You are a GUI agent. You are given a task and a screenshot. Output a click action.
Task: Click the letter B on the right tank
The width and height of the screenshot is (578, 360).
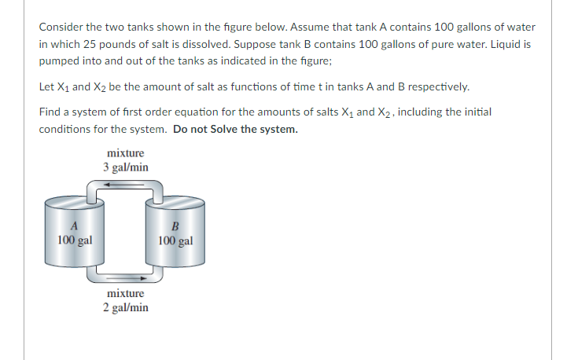click(x=175, y=228)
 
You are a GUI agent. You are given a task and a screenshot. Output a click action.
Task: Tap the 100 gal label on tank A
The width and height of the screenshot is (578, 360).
click(x=75, y=239)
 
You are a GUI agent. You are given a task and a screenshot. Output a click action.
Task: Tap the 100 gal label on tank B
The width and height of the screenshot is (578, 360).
click(x=175, y=240)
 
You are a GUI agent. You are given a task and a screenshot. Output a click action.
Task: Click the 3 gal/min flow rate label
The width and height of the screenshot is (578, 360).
click(x=125, y=167)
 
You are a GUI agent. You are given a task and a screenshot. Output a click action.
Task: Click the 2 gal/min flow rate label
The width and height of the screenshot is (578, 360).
click(x=125, y=307)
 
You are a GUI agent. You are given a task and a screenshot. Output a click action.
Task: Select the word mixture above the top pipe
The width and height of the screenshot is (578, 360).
click(x=125, y=154)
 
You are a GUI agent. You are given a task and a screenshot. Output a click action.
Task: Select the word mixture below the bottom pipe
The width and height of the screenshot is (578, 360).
click(x=125, y=293)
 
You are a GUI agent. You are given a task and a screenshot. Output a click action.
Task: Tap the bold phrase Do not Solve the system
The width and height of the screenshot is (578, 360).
click(x=235, y=130)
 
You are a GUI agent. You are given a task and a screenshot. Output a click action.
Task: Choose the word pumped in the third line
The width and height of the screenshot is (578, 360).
click(x=60, y=61)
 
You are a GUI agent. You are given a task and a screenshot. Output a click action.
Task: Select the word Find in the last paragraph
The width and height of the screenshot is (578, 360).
click(x=50, y=112)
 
